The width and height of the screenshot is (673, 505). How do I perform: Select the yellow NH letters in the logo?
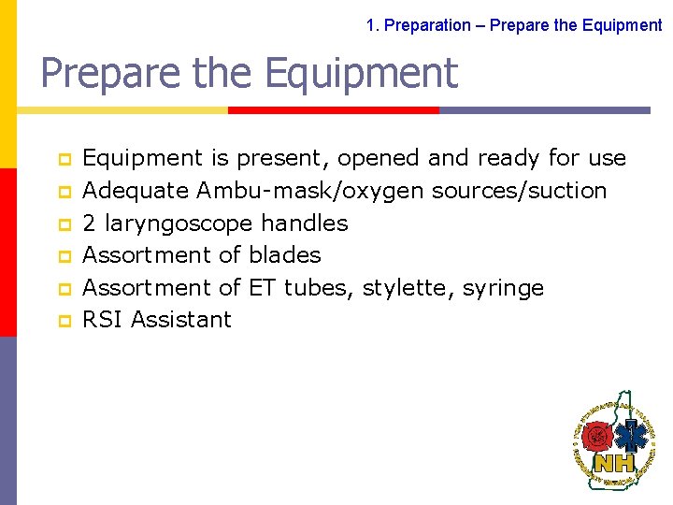point(614,462)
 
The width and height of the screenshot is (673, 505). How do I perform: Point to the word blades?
point(285,255)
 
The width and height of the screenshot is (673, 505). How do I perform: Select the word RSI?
point(104,320)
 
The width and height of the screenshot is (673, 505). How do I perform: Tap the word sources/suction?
point(519,191)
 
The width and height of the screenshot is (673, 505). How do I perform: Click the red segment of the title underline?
point(334,110)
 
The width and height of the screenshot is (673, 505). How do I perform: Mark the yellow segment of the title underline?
point(122,110)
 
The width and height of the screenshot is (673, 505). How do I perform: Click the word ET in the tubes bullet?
point(263,287)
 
